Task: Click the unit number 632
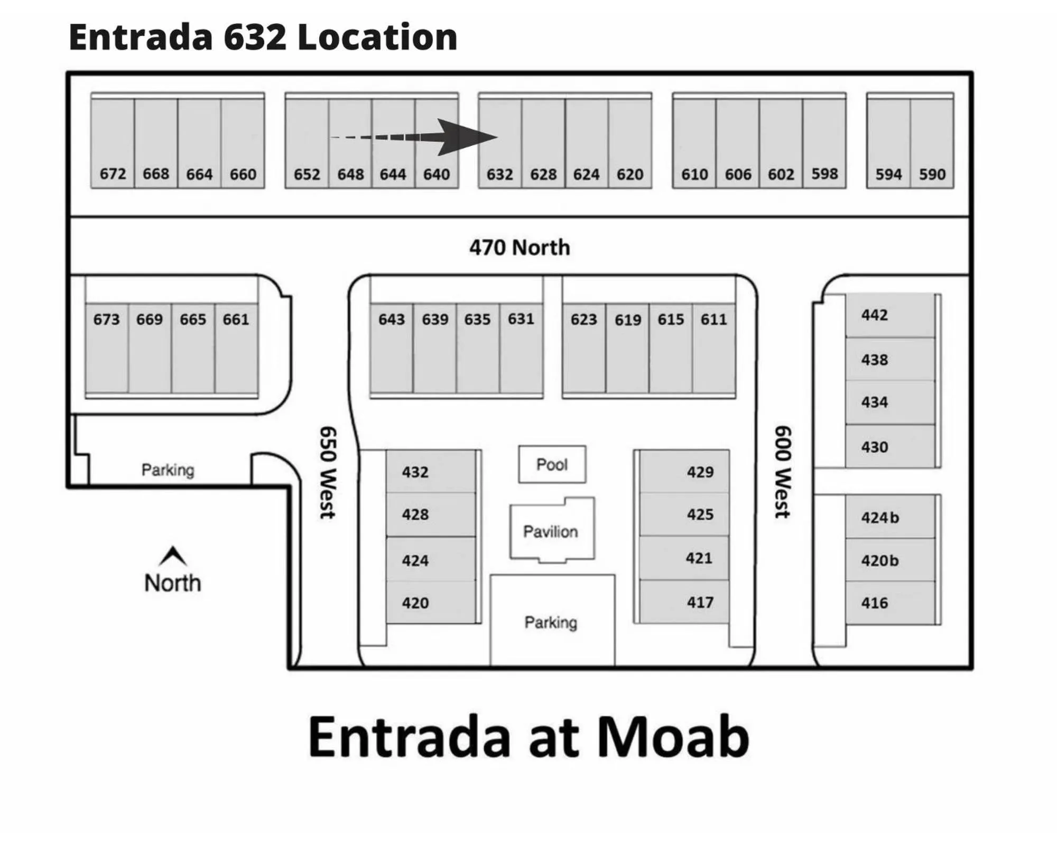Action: click(x=499, y=174)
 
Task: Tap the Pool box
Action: click(x=552, y=464)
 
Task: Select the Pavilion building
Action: click(x=551, y=531)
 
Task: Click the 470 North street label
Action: click(x=520, y=247)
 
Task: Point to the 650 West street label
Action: click(x=328, y=472)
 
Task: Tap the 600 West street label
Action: click(x=783, y=472)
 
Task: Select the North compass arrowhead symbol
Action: click(x=173, y=556)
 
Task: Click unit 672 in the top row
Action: click(x=113, y=173)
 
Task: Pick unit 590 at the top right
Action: click(x=932, y=174)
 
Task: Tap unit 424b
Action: click(x=879, y=517)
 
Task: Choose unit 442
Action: click(x=874, y=315)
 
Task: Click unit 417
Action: click(x=700, y=602)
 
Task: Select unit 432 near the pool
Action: click(x=415, y=472)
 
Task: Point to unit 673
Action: click(x=106, y=319)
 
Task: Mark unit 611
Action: click(x=713, y=319)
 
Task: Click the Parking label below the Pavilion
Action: click(x=551, y=622)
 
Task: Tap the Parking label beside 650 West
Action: click(x=168, y=470)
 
